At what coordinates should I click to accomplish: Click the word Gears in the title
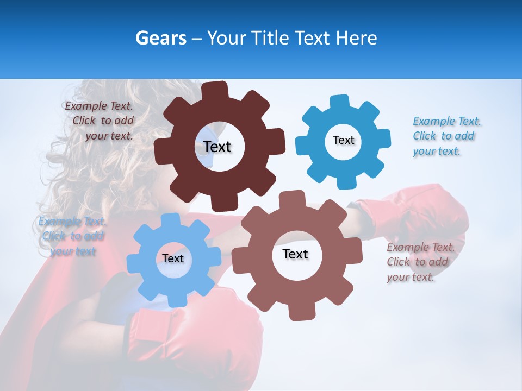[160, 38]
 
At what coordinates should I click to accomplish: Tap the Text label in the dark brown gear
[217, 147]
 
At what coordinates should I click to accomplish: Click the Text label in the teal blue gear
[343, 140]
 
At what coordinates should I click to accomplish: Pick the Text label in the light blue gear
[173, 258]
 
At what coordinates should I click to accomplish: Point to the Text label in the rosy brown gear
[295, 254]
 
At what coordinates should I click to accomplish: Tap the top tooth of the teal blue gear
[340, 102]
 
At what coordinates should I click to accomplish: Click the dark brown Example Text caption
[100, 121]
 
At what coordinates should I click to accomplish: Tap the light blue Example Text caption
[72, 236]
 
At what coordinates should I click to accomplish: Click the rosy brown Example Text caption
[420, 262]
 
